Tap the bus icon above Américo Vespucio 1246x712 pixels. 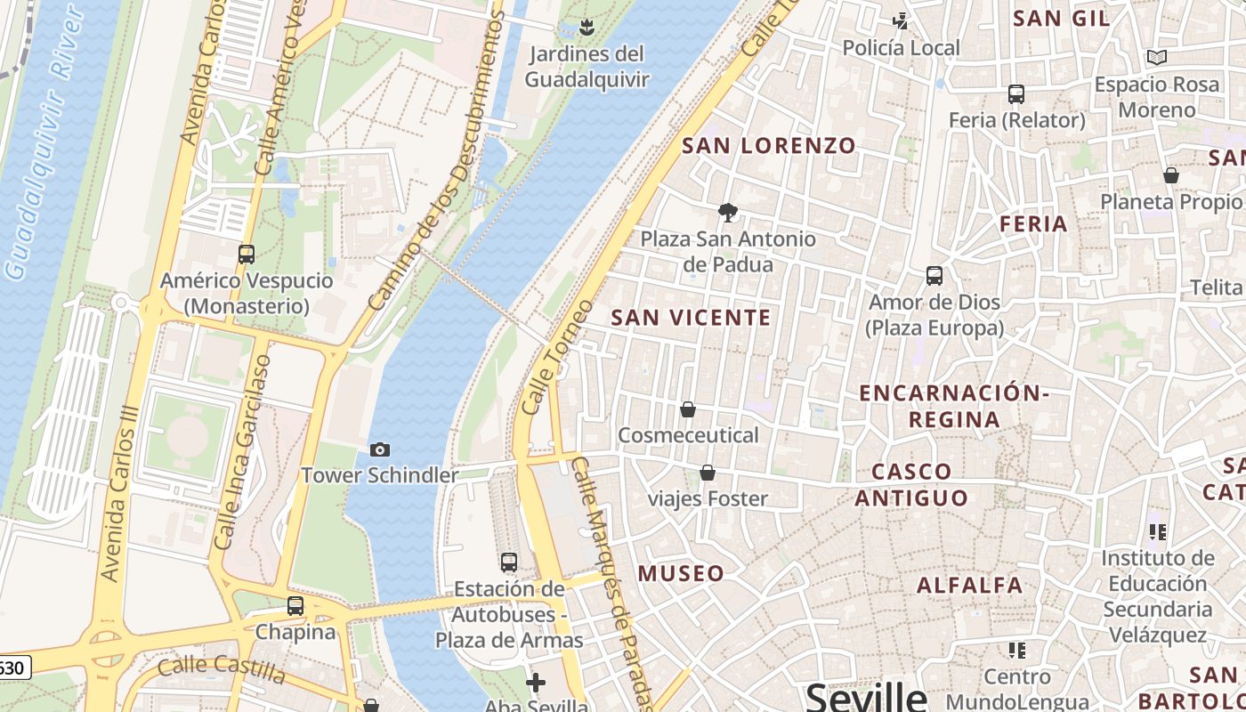point(247,255)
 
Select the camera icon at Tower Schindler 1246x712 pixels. point(380,450)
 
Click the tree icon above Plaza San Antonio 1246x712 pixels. point(728,213)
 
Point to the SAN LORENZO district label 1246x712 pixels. point(769,146)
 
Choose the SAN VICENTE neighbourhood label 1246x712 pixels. point(692,318)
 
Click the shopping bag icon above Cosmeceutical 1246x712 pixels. point(688,409)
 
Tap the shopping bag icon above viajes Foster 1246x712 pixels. point(708,473)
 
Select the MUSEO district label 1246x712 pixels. point(681,574)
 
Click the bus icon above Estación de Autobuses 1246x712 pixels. point(509,562)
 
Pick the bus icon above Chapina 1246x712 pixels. point(295,606)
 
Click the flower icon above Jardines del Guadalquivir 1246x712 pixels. point(587,28)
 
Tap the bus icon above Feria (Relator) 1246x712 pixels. point(1016,93)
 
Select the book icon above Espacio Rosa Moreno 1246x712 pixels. point(1156,58)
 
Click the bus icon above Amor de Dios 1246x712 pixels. point(934,276)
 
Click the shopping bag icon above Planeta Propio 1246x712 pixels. point(1170,176)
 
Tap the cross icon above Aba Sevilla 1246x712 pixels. point(536,683)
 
